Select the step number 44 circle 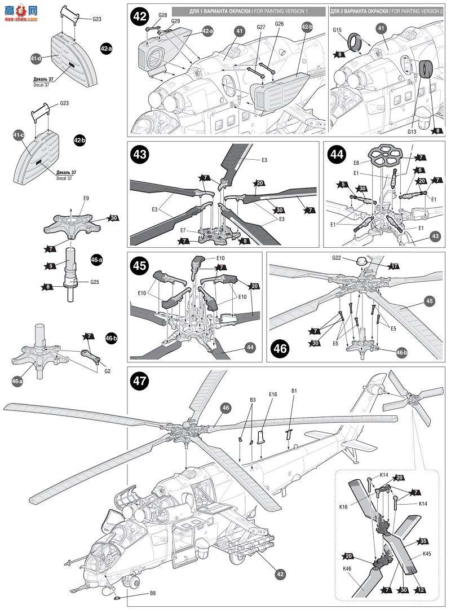[335, 154]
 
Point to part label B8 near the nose [153, 593]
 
